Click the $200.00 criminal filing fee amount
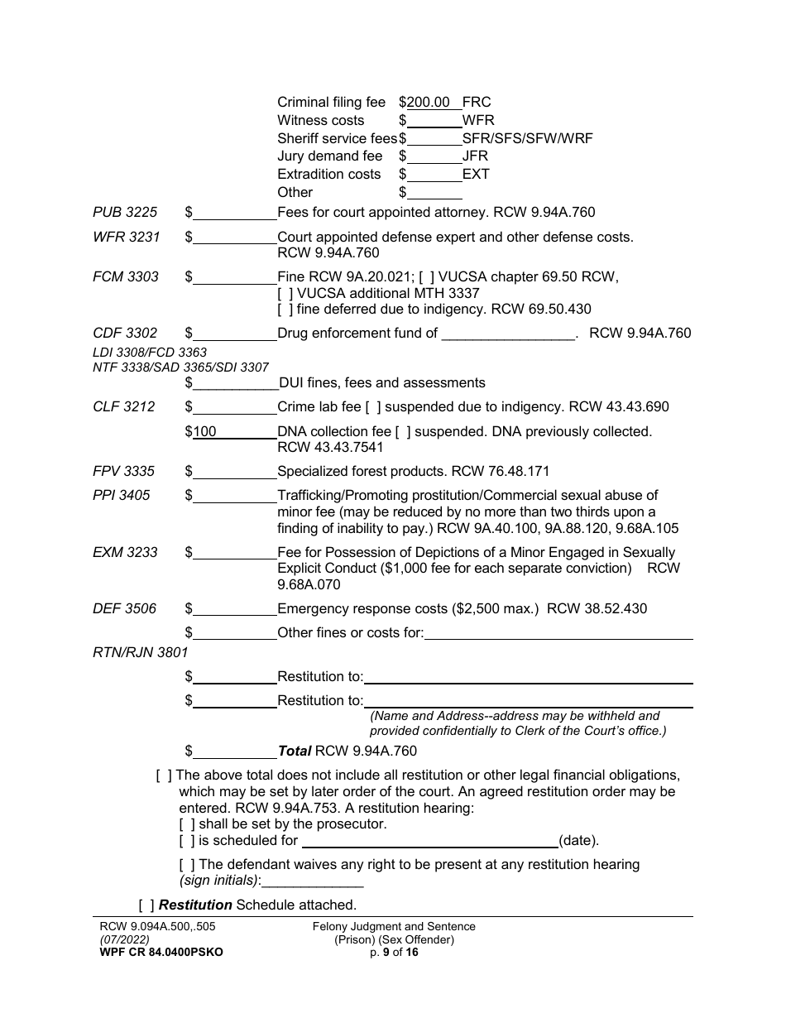click(x=429, y=103)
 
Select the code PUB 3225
click(x=125, y=213)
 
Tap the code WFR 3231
click(x=126, y=237)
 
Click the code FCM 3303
click(x=125, y=276)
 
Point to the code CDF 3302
click(x=125, y=334)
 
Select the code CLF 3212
click(x=124, y=407)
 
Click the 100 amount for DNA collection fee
click(x=204, y=432)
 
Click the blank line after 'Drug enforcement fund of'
click(x=508, y=334)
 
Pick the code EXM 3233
click(x=125, y=552)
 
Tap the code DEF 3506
click(x=124, y=609)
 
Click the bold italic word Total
click(x=295, y=751)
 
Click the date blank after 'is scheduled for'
click(x=429, y=842)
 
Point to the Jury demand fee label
click(x=330, y=156)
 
